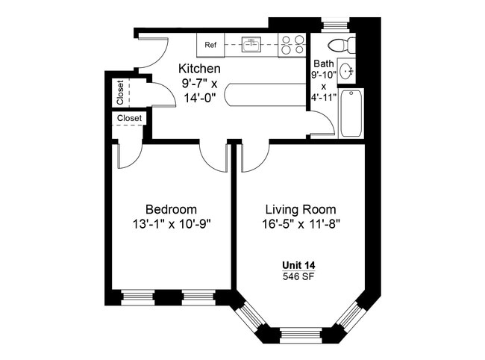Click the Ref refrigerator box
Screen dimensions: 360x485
[210, 46]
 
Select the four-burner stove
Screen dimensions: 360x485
[292, 46]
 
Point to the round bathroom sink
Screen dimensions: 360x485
[346, 72]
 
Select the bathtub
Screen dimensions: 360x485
[351, 114]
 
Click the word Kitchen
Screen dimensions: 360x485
[199, 69]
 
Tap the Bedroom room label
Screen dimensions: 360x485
[171, 209]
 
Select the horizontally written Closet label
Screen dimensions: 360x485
[130, 118]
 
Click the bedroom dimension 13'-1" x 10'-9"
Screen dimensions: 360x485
[171, 223]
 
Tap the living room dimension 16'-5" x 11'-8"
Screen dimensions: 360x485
[301, 223]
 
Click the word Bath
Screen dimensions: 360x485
[324, 63]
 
